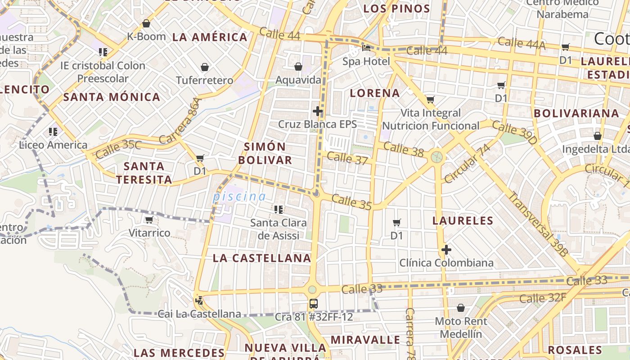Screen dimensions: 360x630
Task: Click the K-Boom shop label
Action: coord(146,36)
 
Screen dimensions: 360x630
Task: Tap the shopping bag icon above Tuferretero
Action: coord(205,67)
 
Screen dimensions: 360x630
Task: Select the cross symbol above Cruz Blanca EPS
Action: coord(318,111)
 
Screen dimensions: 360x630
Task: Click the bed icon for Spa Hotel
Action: coord(366,47)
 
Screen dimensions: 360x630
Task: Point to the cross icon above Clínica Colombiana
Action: coord(446,250)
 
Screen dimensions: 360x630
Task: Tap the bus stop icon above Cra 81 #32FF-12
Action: coord(314,304)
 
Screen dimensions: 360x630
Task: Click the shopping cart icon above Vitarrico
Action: coord(149,220)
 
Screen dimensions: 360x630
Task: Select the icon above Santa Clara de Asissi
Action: coord(279,209)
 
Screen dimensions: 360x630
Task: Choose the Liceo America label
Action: coord(53,145)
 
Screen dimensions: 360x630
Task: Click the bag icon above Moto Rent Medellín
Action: coord(460,308)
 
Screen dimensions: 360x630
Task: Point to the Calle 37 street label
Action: coord(347,158)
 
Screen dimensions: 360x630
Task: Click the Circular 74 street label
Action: coord(467,163)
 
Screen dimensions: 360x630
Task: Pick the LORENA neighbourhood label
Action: coord(375,93)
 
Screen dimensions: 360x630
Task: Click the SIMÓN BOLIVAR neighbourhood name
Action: coord(265,153)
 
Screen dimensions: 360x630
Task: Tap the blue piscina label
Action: coord(239,196)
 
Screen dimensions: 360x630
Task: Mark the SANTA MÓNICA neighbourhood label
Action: coord(112,97)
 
